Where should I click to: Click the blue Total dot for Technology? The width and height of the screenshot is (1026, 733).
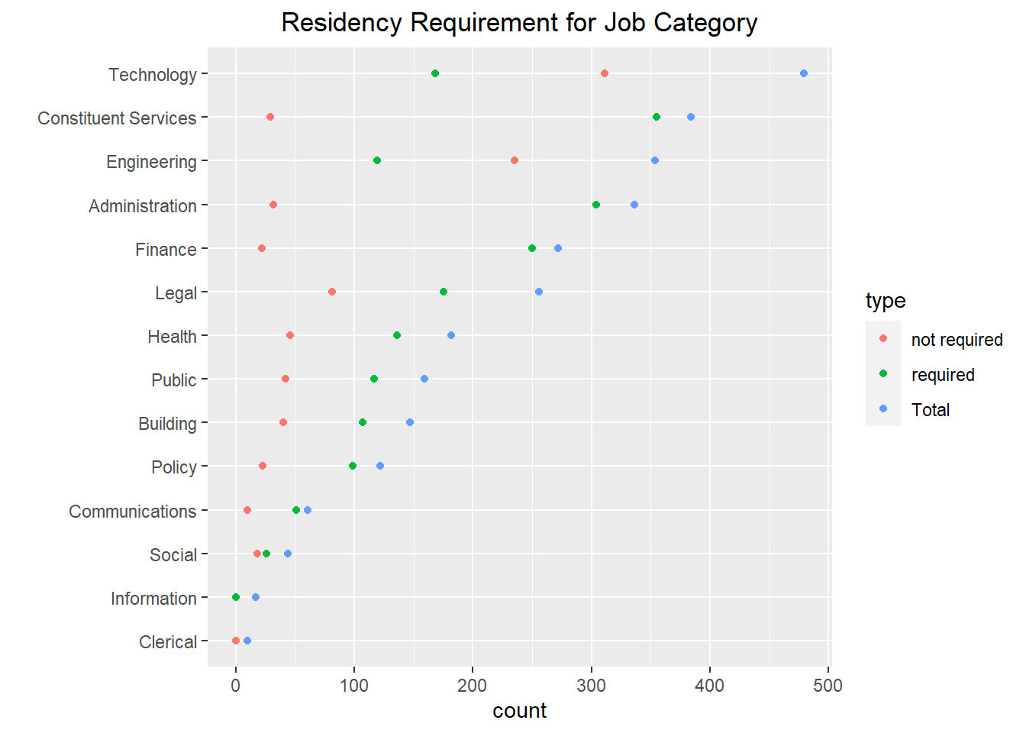(803, 73)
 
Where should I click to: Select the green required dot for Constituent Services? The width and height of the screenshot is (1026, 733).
(657, 117)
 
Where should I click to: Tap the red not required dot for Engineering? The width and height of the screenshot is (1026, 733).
(515, 160)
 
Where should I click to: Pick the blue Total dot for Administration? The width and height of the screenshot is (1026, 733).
(634, 205)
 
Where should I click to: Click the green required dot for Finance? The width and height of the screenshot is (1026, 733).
(532, 248)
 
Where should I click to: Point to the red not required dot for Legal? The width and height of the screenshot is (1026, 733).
(332, 292)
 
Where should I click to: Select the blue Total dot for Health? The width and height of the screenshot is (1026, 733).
(451, 335)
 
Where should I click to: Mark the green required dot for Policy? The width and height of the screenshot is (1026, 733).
(353, 466)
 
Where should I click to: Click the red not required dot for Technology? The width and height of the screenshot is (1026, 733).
(605, 73)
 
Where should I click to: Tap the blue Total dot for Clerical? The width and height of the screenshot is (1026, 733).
(247, 641)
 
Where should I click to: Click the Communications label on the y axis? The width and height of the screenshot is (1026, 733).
(132, 512)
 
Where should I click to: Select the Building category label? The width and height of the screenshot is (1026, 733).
(167, 424)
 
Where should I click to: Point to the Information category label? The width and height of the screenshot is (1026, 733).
(153, 599)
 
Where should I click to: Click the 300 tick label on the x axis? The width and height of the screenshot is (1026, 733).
(591, 686)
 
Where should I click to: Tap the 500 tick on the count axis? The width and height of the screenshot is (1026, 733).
(828, 686)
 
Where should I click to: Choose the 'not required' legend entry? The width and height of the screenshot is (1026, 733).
(957, 340)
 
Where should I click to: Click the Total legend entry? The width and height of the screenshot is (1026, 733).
(931, 410)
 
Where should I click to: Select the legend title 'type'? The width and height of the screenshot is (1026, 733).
(886, 301)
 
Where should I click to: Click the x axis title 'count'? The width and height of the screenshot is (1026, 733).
(519, 711)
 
